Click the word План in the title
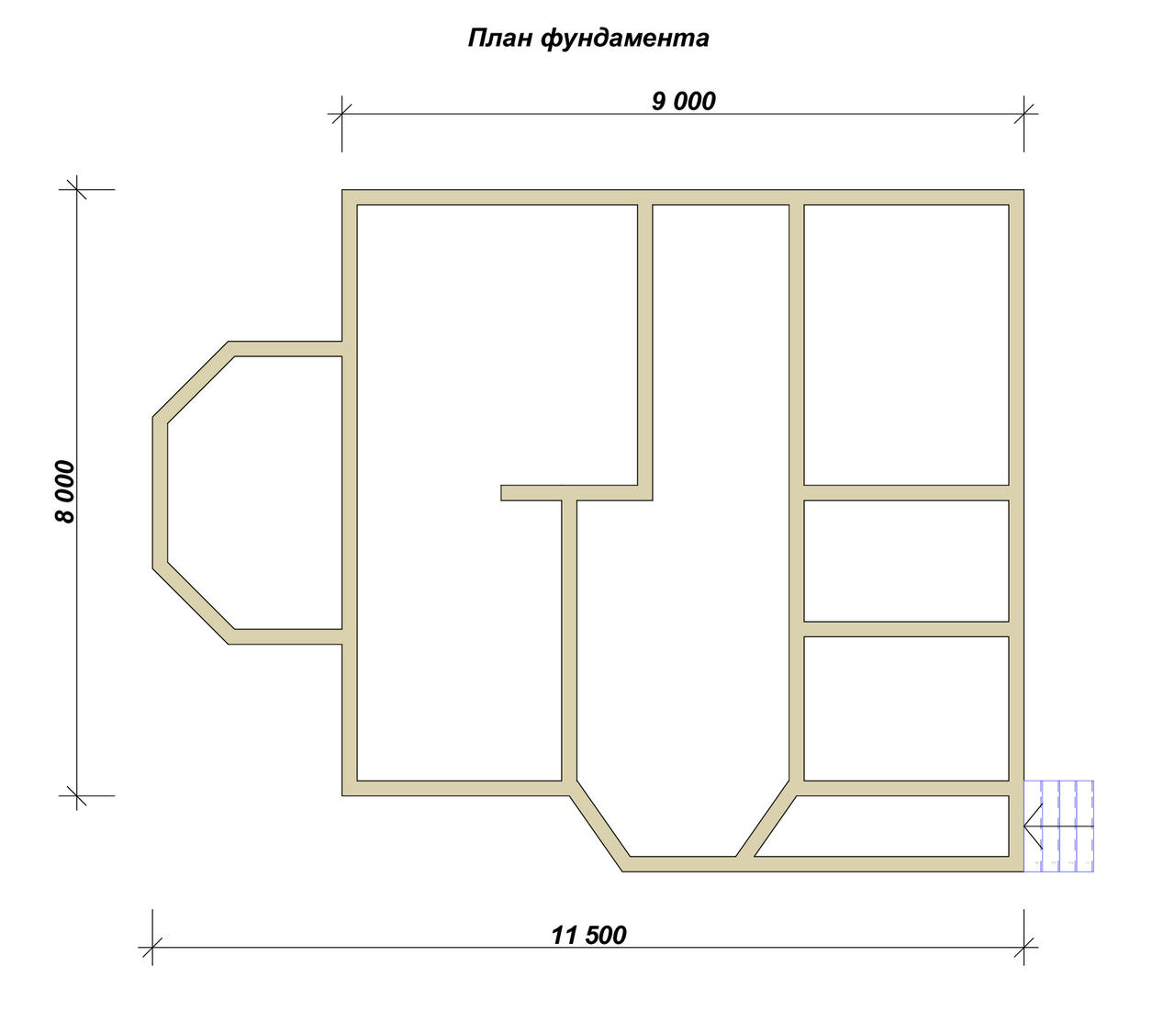pyautogui.click(x=500, y=38)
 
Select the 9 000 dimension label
pyautogui.click(x=683, y=101)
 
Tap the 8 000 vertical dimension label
pyautogui.click(x=65, y=491)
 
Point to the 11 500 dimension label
pyautogui.click(x=588, y=935)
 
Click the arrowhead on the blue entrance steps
pyautogui.click(x=1033, y=826)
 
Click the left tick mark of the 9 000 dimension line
pyautogui.click(x=341, y=114)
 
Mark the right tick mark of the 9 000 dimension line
pyautogui.click(x=1024, y=114)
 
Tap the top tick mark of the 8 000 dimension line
pyautogui.click(x=77, y=189)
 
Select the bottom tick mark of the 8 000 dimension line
pyautogui.click(x=77, y=796)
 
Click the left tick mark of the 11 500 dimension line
pyautogui.click(x=152, y=948)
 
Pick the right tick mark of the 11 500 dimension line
pyautogui.click(x=1024, y=948)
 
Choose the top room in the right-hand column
pyautogui.click(x=906, y=344)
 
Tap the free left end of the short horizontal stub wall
pyautogui.click(x=501, y=493)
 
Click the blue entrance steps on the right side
pyautogui.click(x=1059, y=826)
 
